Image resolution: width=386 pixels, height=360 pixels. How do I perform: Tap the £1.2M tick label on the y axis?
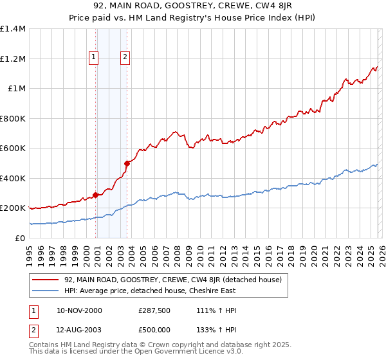click(13, 59)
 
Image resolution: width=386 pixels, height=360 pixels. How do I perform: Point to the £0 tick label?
click(20, 238)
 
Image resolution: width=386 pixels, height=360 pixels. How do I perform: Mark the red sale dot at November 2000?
click(96, 195)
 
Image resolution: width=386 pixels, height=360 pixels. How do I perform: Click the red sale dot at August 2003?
click(127, 163)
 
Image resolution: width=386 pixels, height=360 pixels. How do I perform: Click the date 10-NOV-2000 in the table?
click(80, 310)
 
